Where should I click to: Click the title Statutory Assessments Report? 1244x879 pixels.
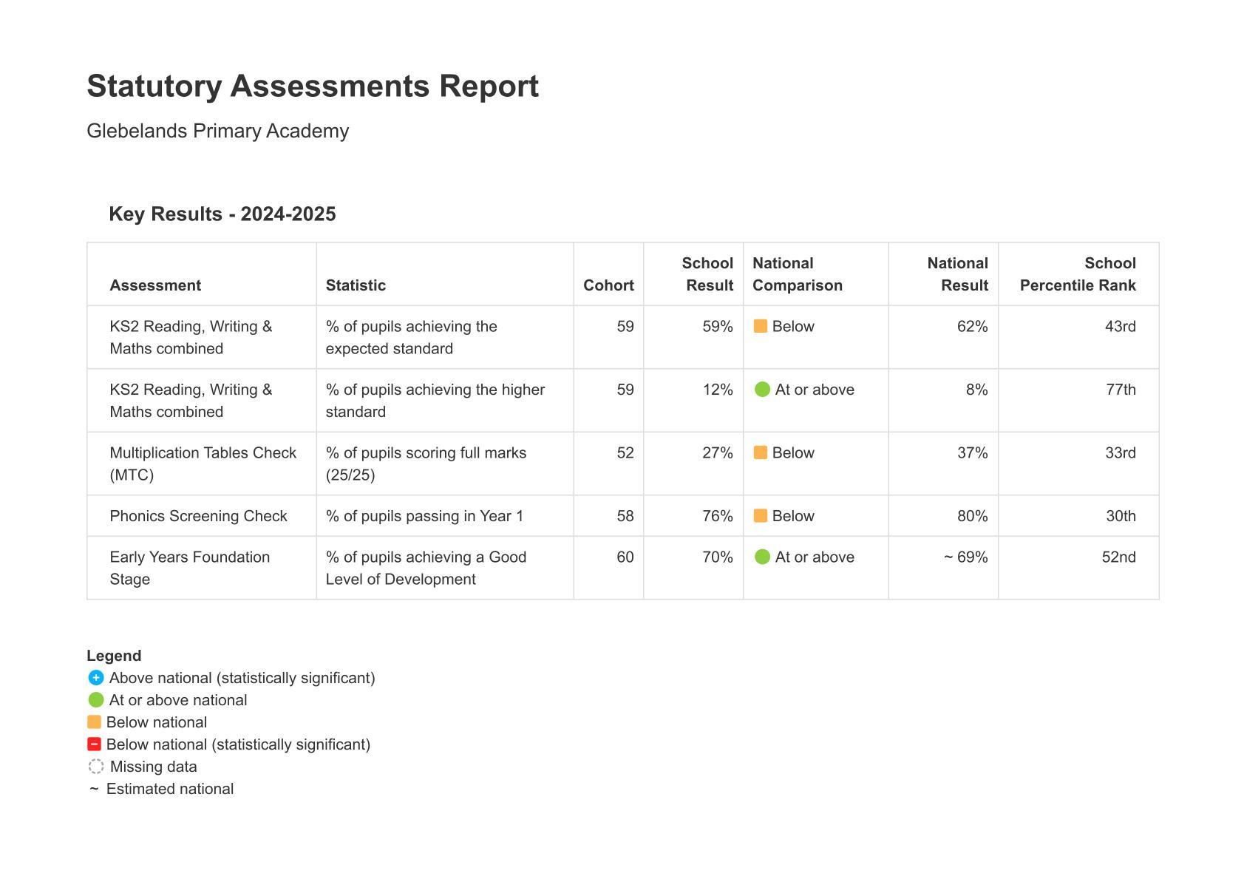[313, 86]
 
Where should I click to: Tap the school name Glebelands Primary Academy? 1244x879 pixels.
[217, 131]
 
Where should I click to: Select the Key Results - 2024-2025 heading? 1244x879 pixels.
[222, 214]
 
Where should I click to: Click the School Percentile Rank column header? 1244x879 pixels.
[1077, 274]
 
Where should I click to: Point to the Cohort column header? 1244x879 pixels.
[608, 285]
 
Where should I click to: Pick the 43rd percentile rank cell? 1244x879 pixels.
[1120, 327]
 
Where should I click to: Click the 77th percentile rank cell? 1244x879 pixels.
[1121, 390]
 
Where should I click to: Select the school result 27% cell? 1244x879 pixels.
[717, 453]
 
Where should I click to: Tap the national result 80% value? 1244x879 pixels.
[972, 516]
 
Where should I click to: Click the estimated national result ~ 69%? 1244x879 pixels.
[965, 557]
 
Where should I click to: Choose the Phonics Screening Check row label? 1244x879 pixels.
[198, 516]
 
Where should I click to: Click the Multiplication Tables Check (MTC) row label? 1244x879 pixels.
[203, 464]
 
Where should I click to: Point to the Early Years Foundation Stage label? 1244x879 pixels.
[189, 568]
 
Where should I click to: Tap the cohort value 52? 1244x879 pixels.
[625, 453]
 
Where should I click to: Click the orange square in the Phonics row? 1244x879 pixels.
[760, 516]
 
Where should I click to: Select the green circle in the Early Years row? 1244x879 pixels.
[762, 557]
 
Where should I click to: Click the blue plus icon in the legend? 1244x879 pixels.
[95, 678]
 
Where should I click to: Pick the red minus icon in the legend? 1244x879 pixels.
[94, 744]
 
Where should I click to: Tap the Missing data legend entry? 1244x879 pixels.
[153, 767]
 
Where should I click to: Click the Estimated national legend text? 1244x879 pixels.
[170, 789]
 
